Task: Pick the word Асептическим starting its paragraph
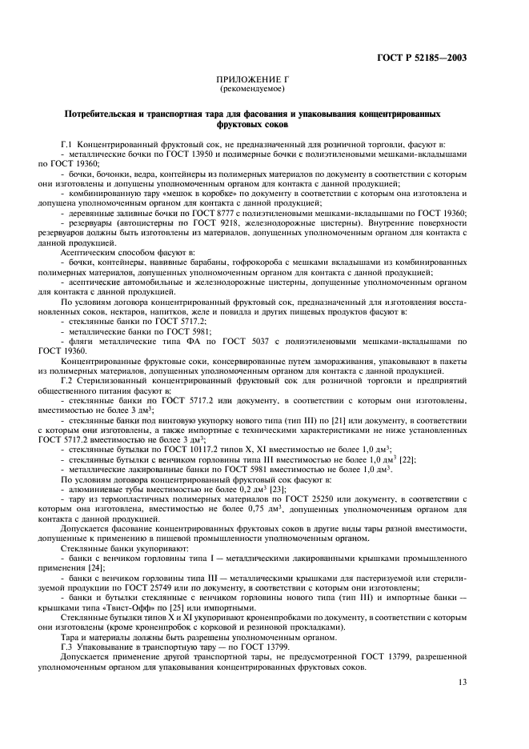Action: [x=91, y=253]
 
